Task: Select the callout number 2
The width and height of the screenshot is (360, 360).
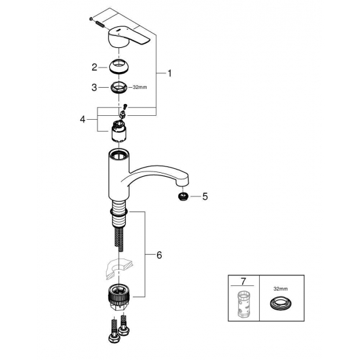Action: click(94, 67)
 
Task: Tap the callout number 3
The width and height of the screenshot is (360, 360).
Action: click(94, 86)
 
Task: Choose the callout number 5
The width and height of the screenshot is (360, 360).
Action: click(204, 195)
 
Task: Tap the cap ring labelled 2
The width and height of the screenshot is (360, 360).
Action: click(119, 66)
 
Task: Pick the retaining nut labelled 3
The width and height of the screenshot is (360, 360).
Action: click(118, 86)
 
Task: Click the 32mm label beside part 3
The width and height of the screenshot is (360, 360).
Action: click(140, 87)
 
